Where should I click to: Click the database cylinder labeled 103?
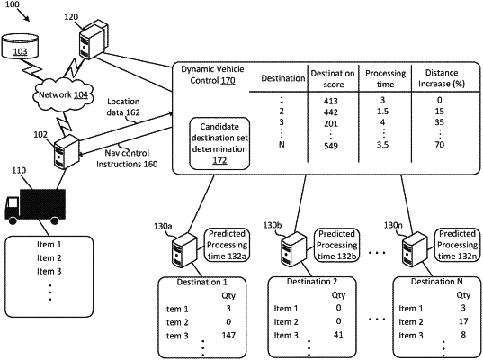[20, 47]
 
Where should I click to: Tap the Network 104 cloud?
[63, 95]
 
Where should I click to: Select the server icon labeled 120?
[93, 39]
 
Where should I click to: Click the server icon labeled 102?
[67, 152]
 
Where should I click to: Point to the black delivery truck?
[35, 206]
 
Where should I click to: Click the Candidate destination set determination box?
[219, 144]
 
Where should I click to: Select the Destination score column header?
[333, 78]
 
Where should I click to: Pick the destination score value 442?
[331, 112]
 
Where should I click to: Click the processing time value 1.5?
[382, 112]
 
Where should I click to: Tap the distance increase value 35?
[439, 122]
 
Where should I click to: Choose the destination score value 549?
[331, 146]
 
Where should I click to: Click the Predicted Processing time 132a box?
[227, 245]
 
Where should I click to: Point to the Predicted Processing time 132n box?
[457, 245]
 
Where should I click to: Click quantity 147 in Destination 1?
[228, 335]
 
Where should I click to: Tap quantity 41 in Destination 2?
[338, 335]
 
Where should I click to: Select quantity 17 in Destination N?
[463, 321]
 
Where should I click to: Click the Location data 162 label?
[123, 107]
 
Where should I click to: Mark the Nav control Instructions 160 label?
[127, 158]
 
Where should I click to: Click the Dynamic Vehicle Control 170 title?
[212, 75]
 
